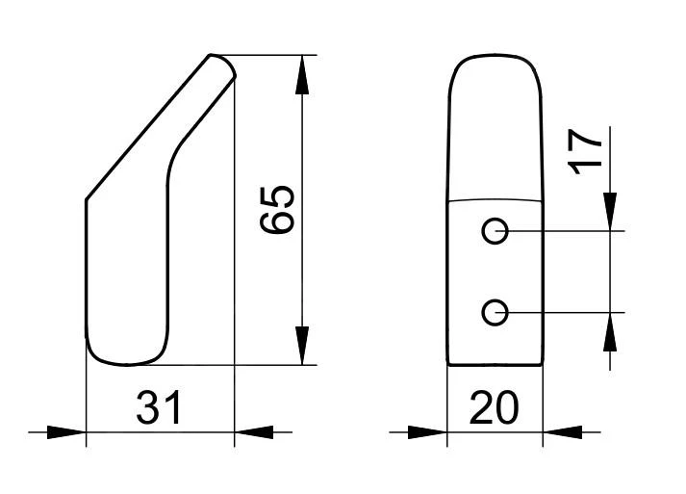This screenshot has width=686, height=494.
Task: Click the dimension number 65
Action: pyautogui.click(x=277, y=211)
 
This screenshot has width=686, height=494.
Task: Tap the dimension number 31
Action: pyautogui.click(x=159, y=407)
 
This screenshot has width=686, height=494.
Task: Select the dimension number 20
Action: pyautogui.click(x=494, y=407)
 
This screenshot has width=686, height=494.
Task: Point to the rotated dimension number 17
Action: pyautogui.click(x=585, y=152)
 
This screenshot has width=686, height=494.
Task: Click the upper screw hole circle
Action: pyautogui.click(x=495, y=231)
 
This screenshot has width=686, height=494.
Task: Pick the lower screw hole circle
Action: pyautogui.click(x=495, y=313)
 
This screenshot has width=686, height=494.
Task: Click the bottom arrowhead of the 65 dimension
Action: pyautogui.click(x=302, y=346)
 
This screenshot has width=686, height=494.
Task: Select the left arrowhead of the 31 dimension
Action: pyautogui.click(x=66, y=432)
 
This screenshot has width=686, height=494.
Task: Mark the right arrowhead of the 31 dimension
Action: pyautogui.click(x=254, y=432)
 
